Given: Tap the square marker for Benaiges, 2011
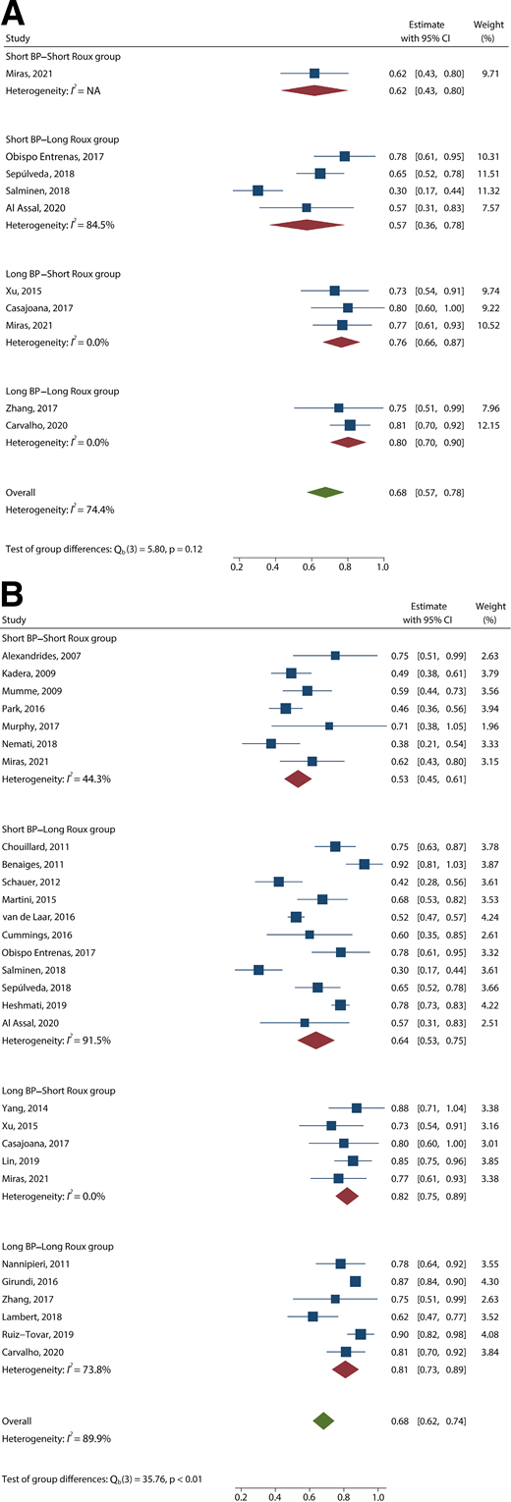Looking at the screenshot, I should coord(365,864).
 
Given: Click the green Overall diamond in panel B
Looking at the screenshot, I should coord(322,1421).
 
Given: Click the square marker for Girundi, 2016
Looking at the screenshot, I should coord(355,1309).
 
